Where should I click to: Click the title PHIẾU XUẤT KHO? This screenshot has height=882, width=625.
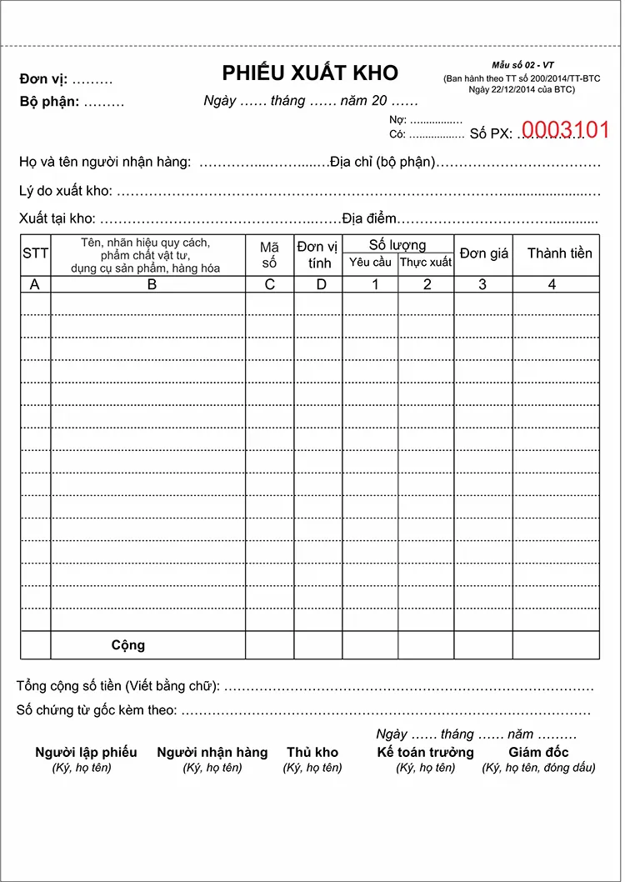[x=310, y=73]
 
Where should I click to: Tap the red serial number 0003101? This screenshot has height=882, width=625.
[x=565, y=130]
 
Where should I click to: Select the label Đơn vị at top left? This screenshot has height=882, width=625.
[x=43, y=80]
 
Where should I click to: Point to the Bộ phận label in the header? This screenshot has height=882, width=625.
[x=49, y=103]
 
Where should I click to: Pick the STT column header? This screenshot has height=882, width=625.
[x=35, y=253]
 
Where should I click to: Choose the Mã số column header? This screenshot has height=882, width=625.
[x=269, y=254]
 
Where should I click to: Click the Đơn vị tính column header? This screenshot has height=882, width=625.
[x=318, y=254]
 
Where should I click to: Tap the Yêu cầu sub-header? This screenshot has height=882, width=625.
[x=370, y=263]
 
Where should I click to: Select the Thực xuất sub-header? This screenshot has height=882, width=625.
[x=426, y=263]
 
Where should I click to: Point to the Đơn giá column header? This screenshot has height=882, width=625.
[x=483, y=253]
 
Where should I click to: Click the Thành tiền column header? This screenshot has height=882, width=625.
[x=559, y=253]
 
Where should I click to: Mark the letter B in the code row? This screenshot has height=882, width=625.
[x=152, y=284]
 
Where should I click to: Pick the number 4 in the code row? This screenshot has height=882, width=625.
[x=552, y=284]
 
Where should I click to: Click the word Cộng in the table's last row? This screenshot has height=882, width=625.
[x=128, y=644]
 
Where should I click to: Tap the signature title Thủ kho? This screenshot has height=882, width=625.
[x=312, y=752]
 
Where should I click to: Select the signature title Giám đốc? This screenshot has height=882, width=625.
[x=538, y=752]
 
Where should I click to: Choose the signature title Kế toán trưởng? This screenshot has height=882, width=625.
[x=425, y=752]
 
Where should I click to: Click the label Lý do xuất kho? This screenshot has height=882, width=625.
[x=65, y=191]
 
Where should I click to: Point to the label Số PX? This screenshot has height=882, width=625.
[x=490, y=133]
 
